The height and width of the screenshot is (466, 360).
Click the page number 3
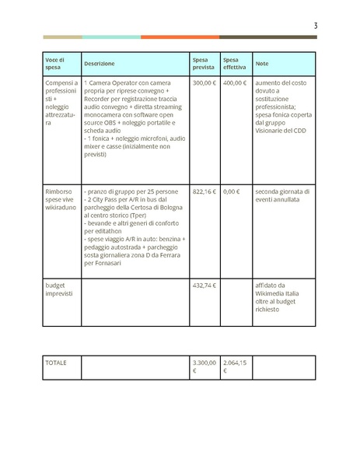coord(315,26)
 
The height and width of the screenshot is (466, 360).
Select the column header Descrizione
coord(100,64)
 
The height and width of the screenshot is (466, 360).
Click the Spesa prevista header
coord(203,64)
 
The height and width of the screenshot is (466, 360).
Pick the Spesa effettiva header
coord(233,64)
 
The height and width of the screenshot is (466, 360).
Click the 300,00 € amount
coord(204,82)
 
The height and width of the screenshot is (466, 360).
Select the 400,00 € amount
coord(234,82)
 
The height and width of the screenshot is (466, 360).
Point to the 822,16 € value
coord(204,191)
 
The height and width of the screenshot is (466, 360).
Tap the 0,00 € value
coord(231,191)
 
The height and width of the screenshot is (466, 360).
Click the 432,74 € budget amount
coord(204,286)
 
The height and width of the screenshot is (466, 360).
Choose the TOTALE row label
coord(56,363)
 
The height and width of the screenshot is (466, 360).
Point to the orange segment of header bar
coord(180,37)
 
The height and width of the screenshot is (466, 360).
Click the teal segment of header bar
coord(111,37)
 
